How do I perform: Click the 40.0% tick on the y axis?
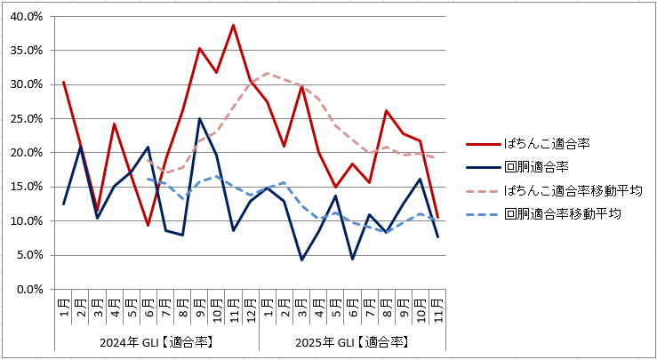(27, 17)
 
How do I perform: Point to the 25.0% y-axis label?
(27, 119)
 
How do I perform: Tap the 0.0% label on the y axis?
(29, 289)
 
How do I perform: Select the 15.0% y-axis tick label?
(27, 187)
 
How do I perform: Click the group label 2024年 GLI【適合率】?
(156, 342)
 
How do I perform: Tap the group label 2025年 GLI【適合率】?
(352, 342)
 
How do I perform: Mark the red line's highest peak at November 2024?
(233, 25)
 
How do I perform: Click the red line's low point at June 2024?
(148, 226)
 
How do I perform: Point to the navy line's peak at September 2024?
(199, 118)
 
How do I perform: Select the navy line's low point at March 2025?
(301, 260)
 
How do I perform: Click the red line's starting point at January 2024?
(63, 82)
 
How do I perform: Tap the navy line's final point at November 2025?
(437, 237)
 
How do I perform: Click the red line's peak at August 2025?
(386, 110)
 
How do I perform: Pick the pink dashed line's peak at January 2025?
(268, 73)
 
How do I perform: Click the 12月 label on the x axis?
(251, 310)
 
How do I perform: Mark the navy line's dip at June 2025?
(352, 259)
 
